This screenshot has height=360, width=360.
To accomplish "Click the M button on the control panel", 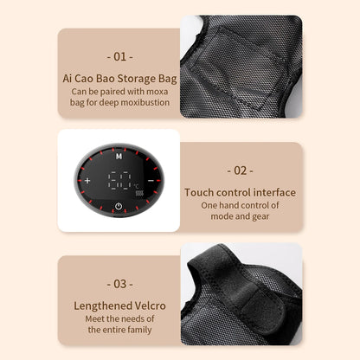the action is coord(119,157).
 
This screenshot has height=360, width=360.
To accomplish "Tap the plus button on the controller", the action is coord(87,181).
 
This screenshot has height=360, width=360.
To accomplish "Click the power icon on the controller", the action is coord(119,206).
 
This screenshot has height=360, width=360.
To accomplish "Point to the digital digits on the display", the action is coord(119,181).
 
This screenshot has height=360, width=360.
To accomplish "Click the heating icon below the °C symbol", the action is coord(139,193).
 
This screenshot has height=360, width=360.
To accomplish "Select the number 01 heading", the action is coord(119,57).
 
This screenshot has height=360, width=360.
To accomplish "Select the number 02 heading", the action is coord(240,170).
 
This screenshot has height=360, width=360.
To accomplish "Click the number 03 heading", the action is coord(119,284).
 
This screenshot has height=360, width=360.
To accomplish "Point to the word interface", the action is coord(274,192).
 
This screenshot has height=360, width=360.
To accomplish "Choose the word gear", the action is coord(260,216).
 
